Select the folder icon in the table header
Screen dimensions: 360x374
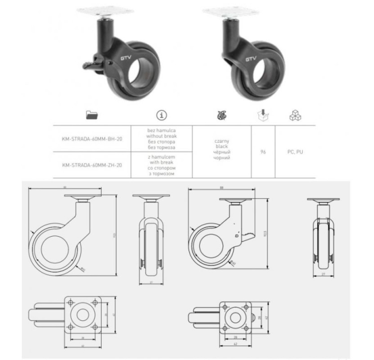(x=91, y=116)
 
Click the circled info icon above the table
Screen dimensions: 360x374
(x=162, y=116)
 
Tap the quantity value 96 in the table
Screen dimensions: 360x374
(x=262, y=152)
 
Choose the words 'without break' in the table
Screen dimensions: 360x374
(x=162, y=136)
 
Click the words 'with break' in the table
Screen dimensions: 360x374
(x=162, y=162)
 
